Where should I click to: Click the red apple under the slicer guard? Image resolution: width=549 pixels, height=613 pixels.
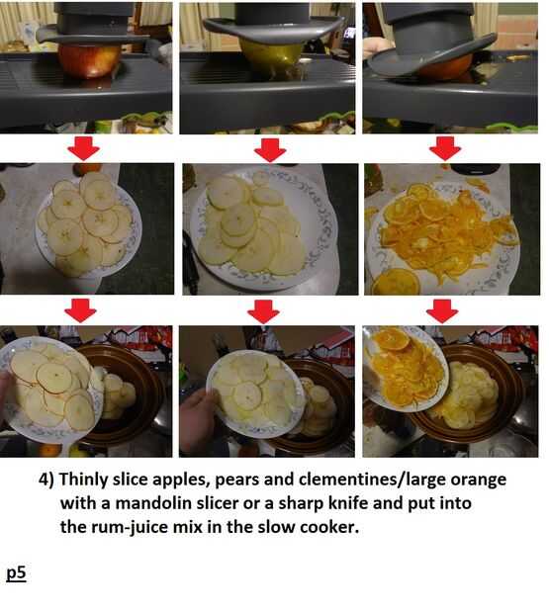(90, 60)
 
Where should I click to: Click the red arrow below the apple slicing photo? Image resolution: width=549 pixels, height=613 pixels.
(84, 148)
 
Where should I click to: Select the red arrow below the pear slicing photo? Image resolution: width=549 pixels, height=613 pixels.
(270, 149)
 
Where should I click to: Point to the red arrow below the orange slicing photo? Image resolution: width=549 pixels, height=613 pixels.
(445, 148)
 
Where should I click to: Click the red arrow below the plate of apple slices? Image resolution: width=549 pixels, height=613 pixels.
(80, 310)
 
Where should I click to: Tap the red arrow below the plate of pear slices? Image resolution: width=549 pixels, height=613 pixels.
(263, 311)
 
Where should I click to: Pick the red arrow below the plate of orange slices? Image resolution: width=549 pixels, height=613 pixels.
(442, 311)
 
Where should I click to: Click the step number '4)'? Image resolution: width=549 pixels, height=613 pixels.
(46, 480)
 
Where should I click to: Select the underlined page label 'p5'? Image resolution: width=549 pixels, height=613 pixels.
(16, 573)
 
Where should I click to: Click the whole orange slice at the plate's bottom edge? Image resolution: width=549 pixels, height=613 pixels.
(396, 282)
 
